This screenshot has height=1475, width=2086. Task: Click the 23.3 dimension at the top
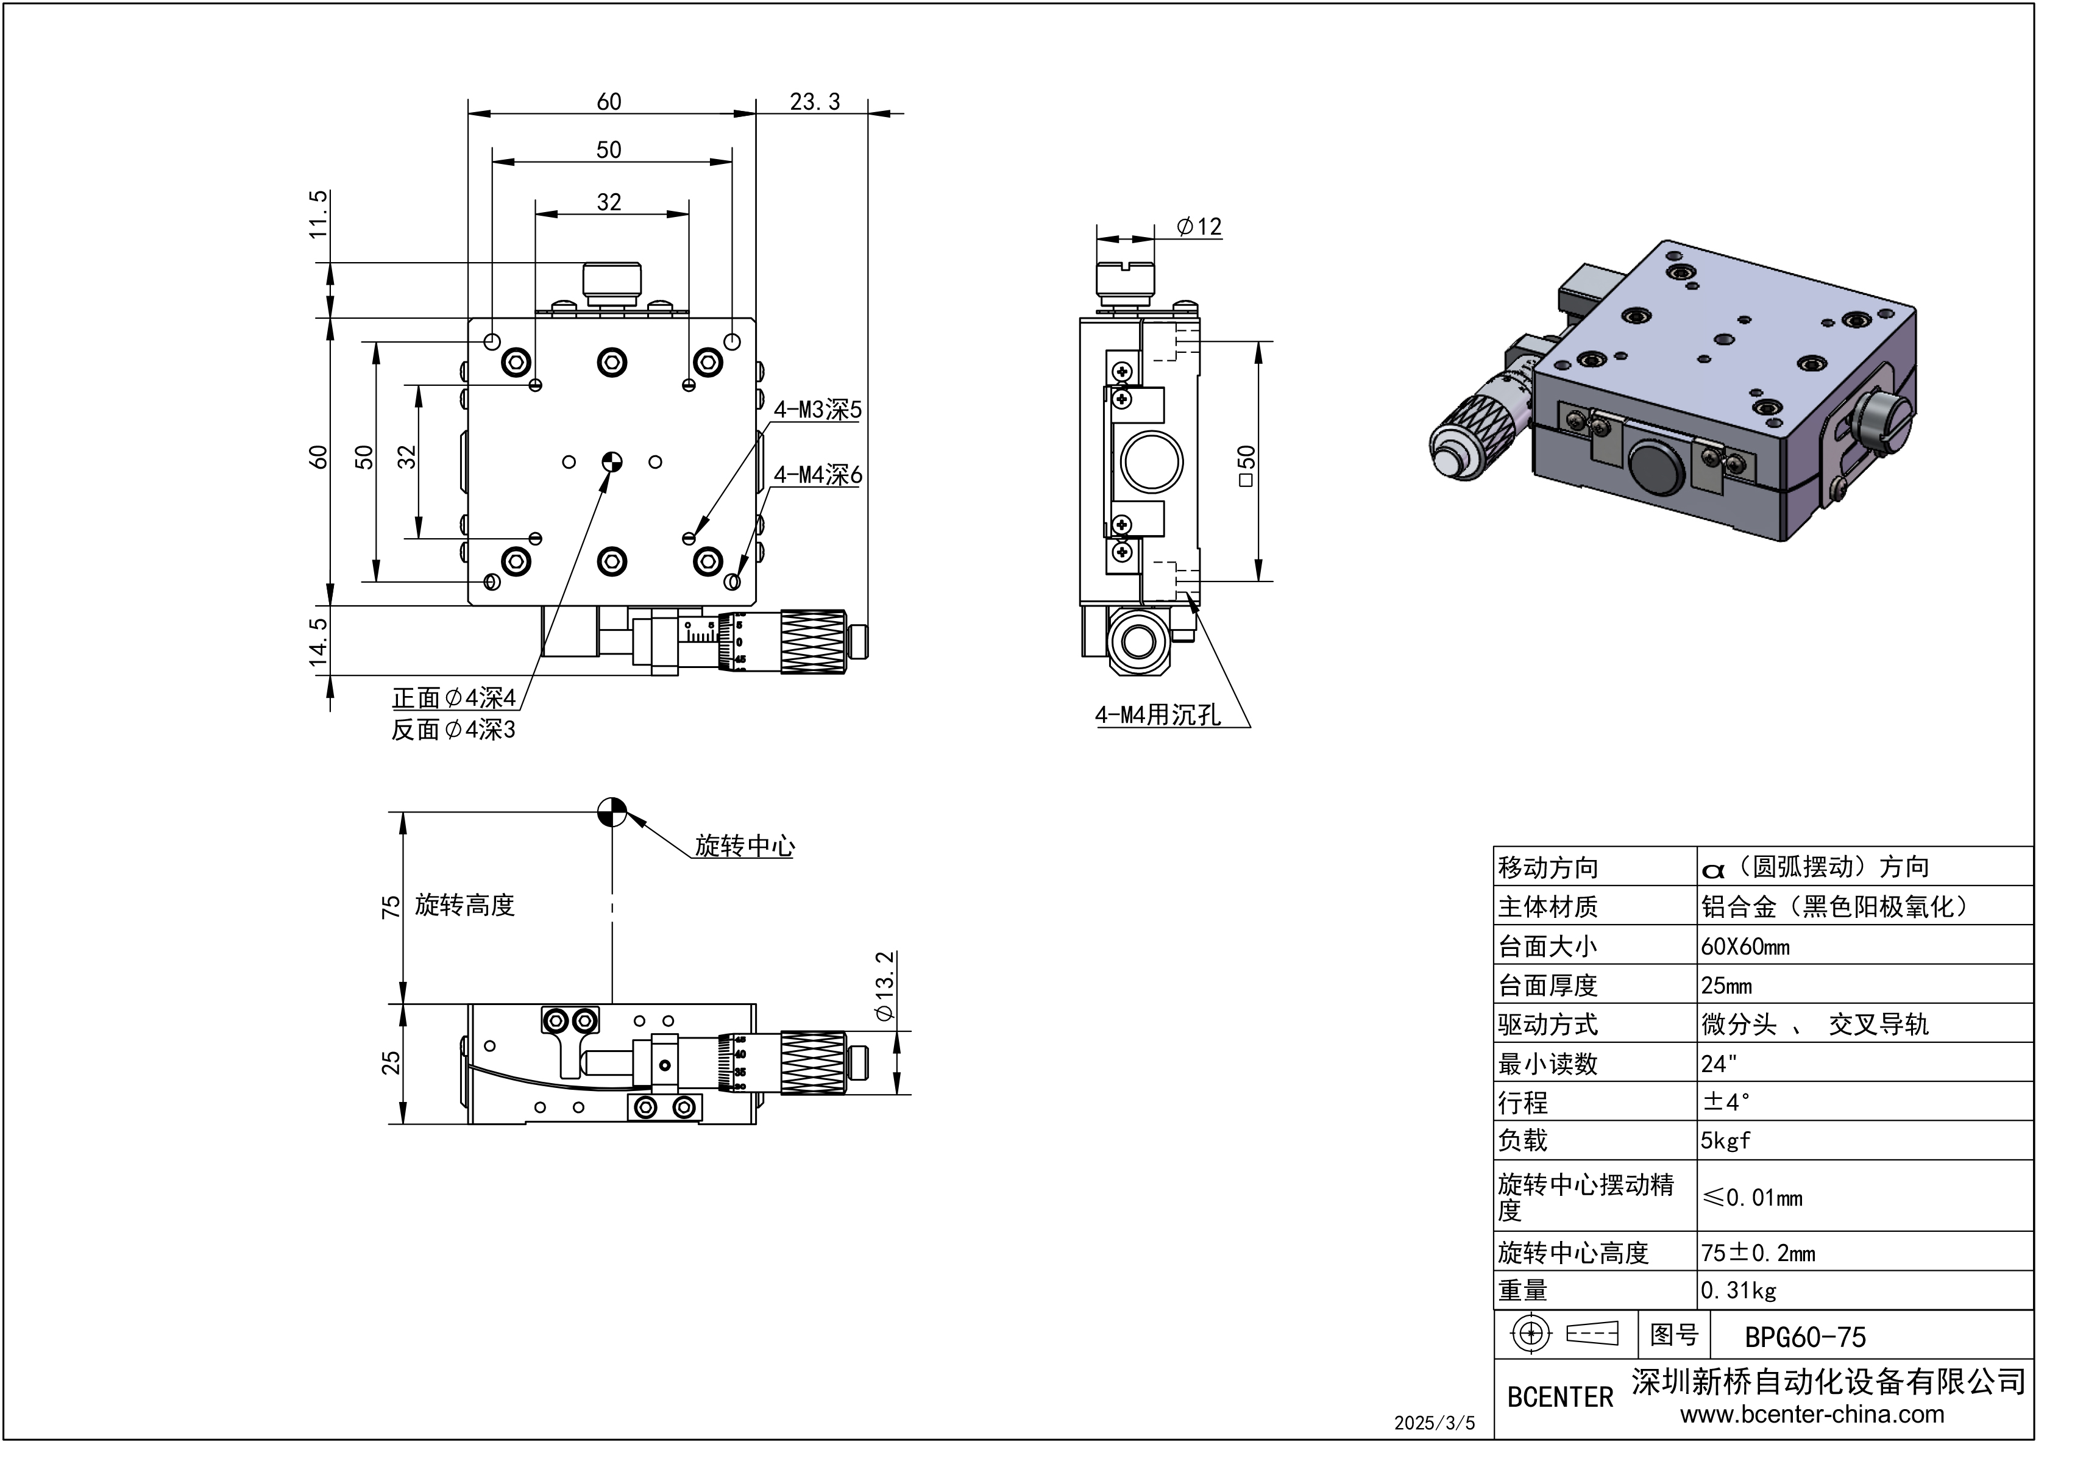pyautogui.click(x=814, y=102)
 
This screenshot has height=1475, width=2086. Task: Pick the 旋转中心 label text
pyautogui.click(x=744, y=846)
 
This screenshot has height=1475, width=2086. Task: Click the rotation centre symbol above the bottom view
pyautogui.click(x=612, y=812)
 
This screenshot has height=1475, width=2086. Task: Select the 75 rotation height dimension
pyautogui.click(x=391, y=907)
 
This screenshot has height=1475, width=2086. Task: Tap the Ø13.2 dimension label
pyautogui.click(x=884, y=986)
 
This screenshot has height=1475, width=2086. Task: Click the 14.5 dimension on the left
pyautogui.click(x=319, y=642)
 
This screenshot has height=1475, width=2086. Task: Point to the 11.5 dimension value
pyautogui.click(x=319, y=215)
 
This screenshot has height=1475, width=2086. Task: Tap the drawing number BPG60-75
pyautogui.click(x=1804, y=1337)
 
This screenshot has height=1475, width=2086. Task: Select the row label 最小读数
pyautogui.click(x=1547, y=1064)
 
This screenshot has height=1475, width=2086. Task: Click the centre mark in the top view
pyautogui.click(x=612, y=461)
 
